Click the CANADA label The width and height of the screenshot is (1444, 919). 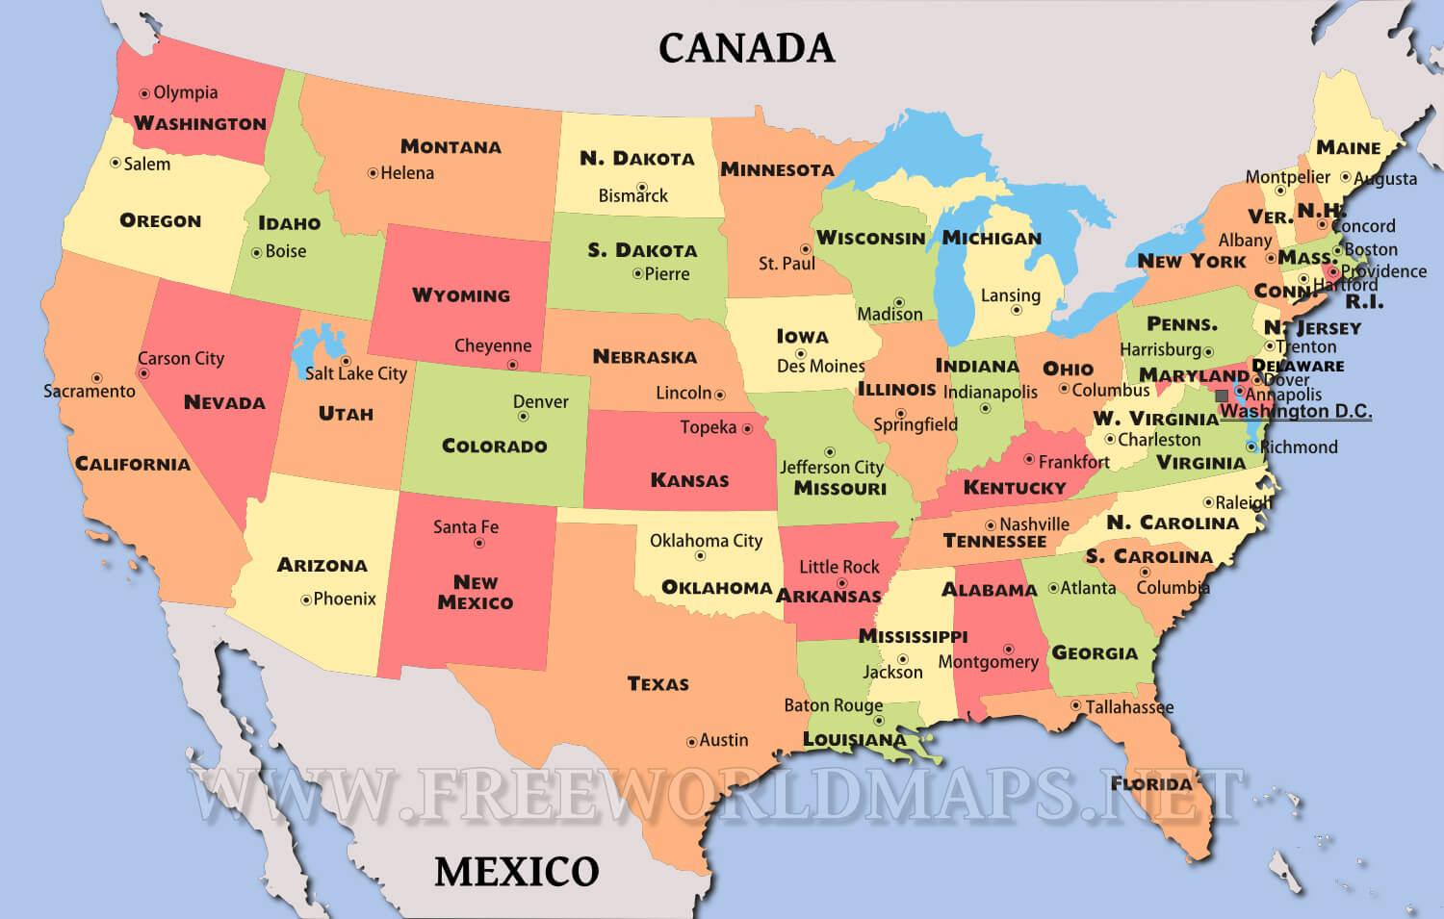pos(746,47)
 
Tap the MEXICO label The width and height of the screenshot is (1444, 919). pos(517,872)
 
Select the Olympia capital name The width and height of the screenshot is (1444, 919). pos(186,92)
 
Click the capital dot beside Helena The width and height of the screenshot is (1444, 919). pos(373,173)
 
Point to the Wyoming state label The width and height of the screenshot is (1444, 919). pos(461,294)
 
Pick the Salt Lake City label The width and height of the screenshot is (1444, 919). pos(356,373)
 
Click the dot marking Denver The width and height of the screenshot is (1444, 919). pos(523,417)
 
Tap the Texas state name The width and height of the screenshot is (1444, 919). pos(658,684)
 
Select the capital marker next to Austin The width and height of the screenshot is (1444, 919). pos(691,742)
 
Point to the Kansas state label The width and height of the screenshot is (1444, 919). pos(689,479)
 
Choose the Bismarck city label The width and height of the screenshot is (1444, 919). pos(632,195)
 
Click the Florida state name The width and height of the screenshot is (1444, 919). pos(1151,782)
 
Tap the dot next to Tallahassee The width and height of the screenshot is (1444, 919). pos(1075,705)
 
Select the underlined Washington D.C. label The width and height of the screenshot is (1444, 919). pos(1296,412)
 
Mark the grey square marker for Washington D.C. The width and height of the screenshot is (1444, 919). pos(1222,396)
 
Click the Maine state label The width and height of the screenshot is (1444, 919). pos(1348,147)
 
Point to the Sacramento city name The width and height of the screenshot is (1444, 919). pos(90,392)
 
